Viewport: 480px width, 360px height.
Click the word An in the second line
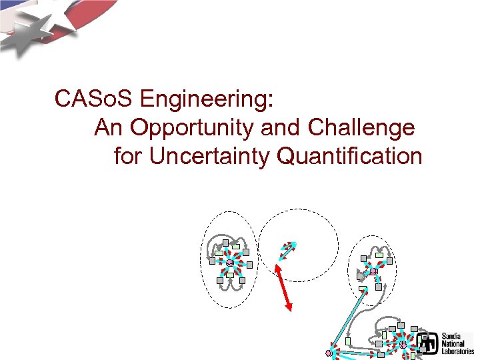(x=109, y=127)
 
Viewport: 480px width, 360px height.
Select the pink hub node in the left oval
(x=229, y=262)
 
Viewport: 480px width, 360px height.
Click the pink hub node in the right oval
(x=373, y=272)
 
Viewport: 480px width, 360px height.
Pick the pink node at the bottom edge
(x=329, y=353)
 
